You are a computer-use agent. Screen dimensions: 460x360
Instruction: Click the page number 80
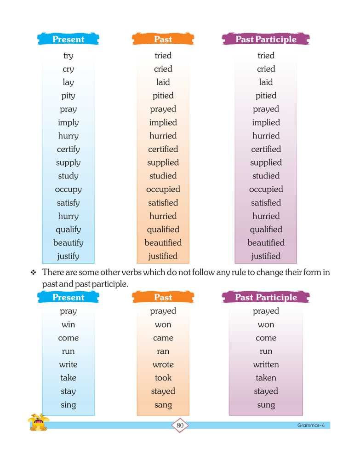click(x=180, y=425)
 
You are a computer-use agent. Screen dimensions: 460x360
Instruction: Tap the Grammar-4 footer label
click(x=311, y=425)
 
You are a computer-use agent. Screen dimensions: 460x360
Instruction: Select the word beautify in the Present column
click(x=68, y=243)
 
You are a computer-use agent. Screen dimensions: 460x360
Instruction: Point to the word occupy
click(x=68, y=190)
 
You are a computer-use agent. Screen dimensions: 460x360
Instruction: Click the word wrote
click(x=163, y=365)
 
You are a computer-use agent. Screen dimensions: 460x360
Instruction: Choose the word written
click(x=266, y=365)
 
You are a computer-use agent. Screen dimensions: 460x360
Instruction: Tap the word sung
click(x=266, y=405)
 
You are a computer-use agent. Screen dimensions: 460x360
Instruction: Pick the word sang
click(x=163, y=405)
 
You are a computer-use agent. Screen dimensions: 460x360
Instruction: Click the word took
click(x=163, y=378)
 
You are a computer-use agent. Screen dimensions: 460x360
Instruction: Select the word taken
click(x=266, y=378)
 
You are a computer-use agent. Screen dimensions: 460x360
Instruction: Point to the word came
click(x=163, y=338)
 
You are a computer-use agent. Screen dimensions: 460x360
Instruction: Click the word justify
click(x=68, y=256)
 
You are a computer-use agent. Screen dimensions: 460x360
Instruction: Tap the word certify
click(x=68, y=149)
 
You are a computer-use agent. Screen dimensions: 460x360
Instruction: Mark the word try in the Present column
click(x=68, y=56)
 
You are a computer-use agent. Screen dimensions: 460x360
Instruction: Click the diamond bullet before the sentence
click(x=33, y=273)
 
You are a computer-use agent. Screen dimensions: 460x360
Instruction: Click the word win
click(x=68, y=325)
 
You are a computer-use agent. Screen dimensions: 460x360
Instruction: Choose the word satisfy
click(x=68, y=203)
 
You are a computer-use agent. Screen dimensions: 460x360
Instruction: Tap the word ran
click(x=163, y=351)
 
